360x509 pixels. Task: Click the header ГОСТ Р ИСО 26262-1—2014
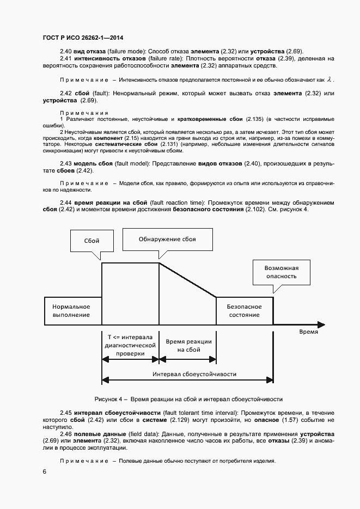pyautogui.click(x=82, y=38)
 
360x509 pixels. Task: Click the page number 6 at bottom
pyautogui.click(x=44, y=471)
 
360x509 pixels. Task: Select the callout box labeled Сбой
pyautogui.click(x=92, y=240)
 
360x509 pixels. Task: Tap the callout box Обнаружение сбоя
pyautogui.click(x=167, y=239)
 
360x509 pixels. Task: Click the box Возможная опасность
pyautogui.click(x=280, y=271)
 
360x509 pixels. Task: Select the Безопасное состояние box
pyautogui.click(x=243, y=311)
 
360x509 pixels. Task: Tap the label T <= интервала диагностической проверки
pyautogui.click(x=130, y=345)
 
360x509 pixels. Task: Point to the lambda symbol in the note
pyautogui.click(x=329, y=79)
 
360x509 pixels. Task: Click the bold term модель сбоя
pyautogui.click(x=94, y=164)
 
